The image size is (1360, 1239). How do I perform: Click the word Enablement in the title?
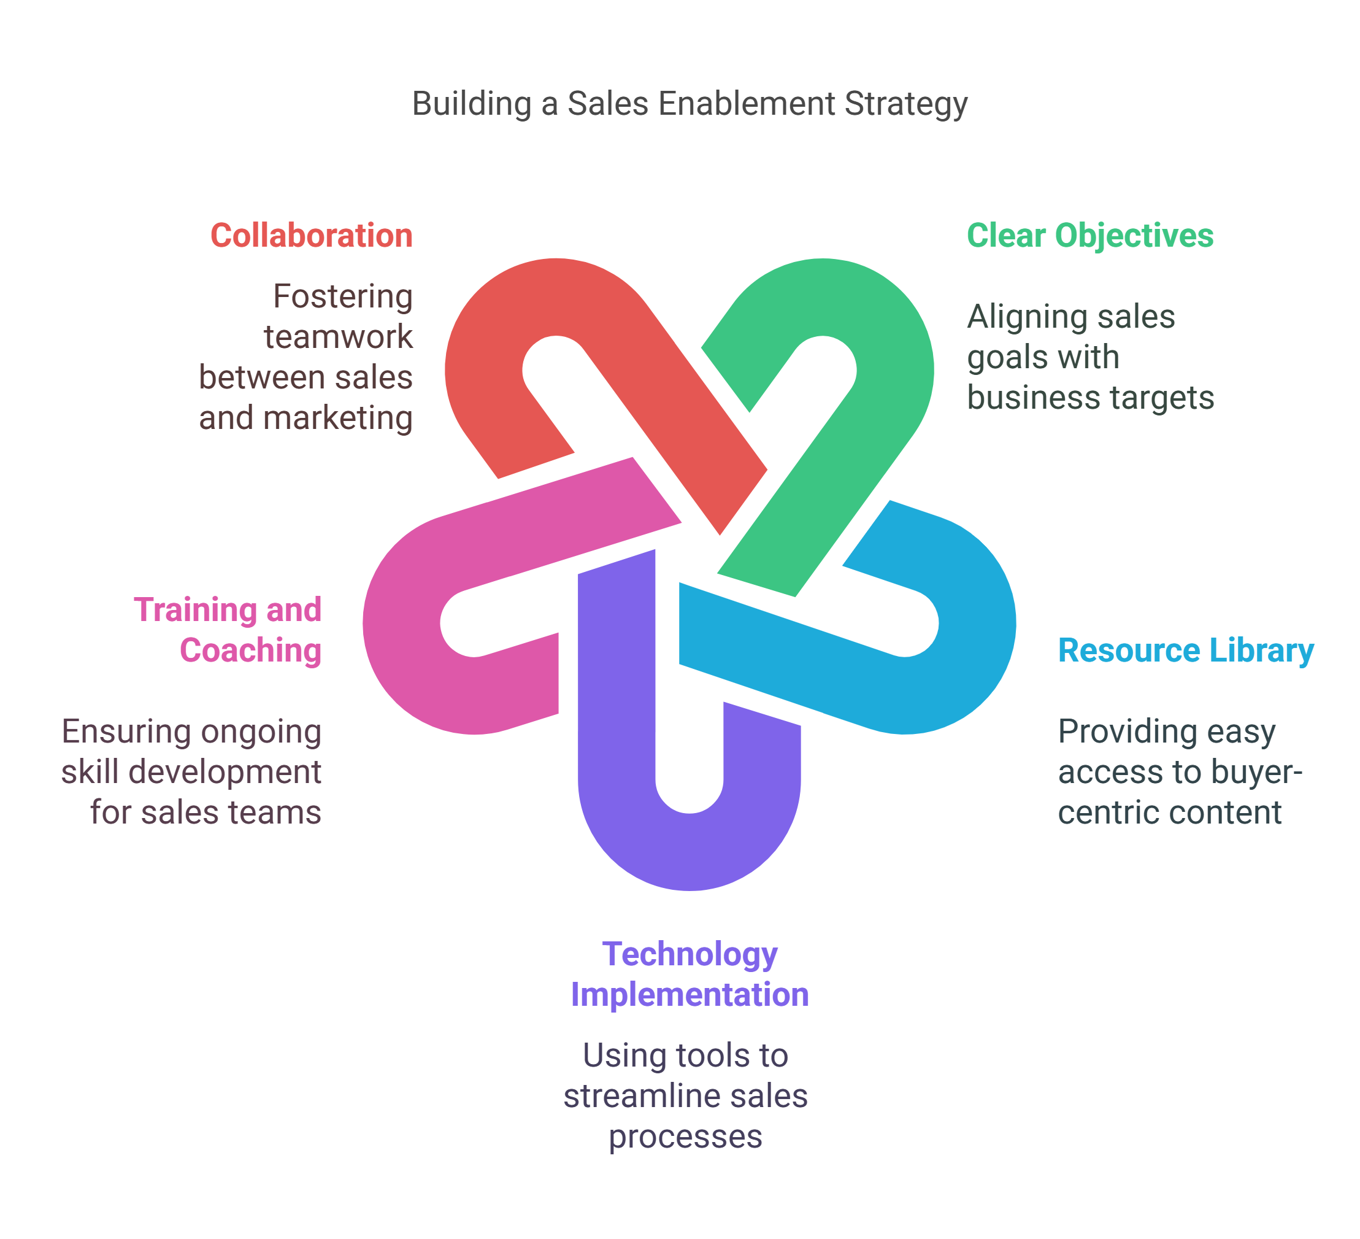(x=747, y=104)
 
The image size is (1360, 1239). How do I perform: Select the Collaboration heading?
(x=311, y=236)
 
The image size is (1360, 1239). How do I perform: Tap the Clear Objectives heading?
(x=1089, y=236)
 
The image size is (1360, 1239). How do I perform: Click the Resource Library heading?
(x=1185, y=650)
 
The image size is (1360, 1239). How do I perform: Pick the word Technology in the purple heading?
(x=690, y=955)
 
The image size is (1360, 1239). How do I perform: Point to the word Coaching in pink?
(x=250, y=650)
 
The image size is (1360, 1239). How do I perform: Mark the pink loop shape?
(x=405, y=662)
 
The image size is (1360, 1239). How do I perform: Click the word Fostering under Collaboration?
(x=342, y=297)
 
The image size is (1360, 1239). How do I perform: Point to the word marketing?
(x=337, y=419)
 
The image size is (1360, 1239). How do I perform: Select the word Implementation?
(x=690, y=995)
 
